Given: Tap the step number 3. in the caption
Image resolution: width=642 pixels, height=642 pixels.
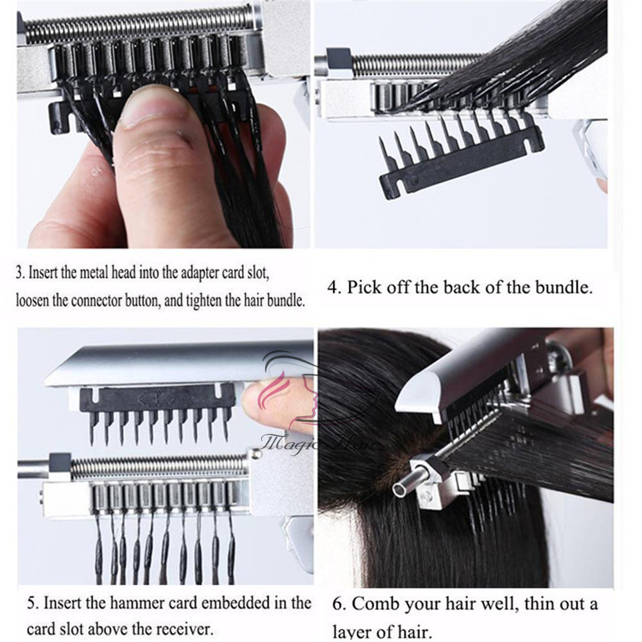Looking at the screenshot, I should pos(21,273).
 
